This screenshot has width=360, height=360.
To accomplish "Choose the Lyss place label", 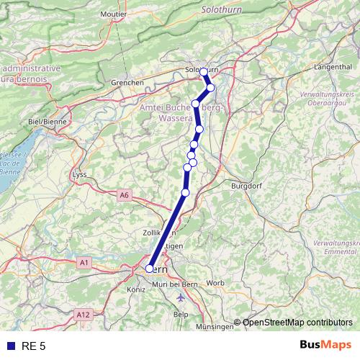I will [x=79, y=174].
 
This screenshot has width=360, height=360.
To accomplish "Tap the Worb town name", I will [x=215, y=283].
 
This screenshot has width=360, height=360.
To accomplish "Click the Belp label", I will [x=182, y=315].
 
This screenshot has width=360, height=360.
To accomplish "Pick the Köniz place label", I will [x=135, y=289].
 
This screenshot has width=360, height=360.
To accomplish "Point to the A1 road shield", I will [x=84, y=263].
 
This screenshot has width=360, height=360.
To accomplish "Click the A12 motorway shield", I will [x=82, y=315].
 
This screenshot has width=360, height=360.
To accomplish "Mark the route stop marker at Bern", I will [x=150, y=269].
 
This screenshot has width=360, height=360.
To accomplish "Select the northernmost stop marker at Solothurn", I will [x=204, y=71].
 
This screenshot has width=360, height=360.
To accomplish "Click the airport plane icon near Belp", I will [x=180, y=297].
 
